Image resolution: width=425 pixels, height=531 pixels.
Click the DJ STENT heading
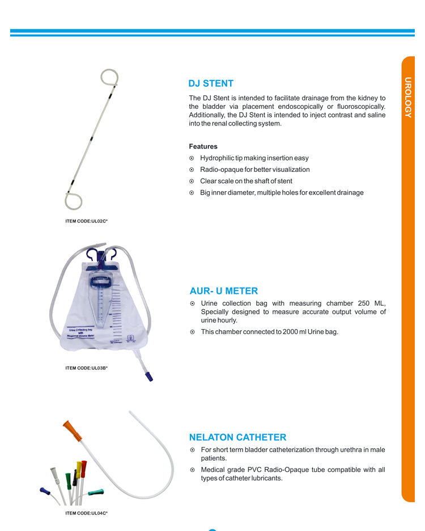(211, 84)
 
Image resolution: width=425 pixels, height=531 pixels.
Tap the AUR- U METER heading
(223, 291)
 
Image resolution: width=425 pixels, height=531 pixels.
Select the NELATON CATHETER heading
(237, 437)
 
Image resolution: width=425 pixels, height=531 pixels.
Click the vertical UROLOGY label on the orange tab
(408, 97)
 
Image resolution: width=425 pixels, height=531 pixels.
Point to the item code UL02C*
(86, 221)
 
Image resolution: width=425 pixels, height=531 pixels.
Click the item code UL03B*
(86, 368)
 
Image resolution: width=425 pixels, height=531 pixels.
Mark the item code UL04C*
(86, 513)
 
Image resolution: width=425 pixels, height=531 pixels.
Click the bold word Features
(203, 146)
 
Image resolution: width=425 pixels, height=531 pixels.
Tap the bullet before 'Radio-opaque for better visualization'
(192, 170)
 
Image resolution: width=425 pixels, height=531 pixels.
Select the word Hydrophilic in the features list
(218, 158)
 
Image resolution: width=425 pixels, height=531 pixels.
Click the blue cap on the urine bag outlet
(149, 376)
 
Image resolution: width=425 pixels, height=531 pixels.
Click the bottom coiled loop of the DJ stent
(73, 201)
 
